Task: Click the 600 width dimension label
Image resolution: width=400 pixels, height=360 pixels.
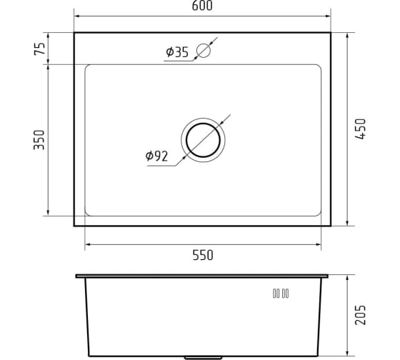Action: coord(202,6)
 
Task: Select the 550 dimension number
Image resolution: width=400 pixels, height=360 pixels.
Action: coord(203,255)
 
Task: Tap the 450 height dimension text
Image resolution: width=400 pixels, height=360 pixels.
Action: coord(361,129)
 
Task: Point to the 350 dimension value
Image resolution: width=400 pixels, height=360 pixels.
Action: coord(39,140)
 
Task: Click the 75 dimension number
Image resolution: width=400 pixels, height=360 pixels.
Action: coord(39,49)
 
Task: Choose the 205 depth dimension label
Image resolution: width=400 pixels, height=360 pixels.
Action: coord(361,315)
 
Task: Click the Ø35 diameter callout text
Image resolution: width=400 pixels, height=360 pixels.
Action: coord(177,52)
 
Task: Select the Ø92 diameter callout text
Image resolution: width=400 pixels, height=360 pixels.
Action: coord(156,156)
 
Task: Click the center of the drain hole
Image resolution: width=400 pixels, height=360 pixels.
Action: coord(203,140)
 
